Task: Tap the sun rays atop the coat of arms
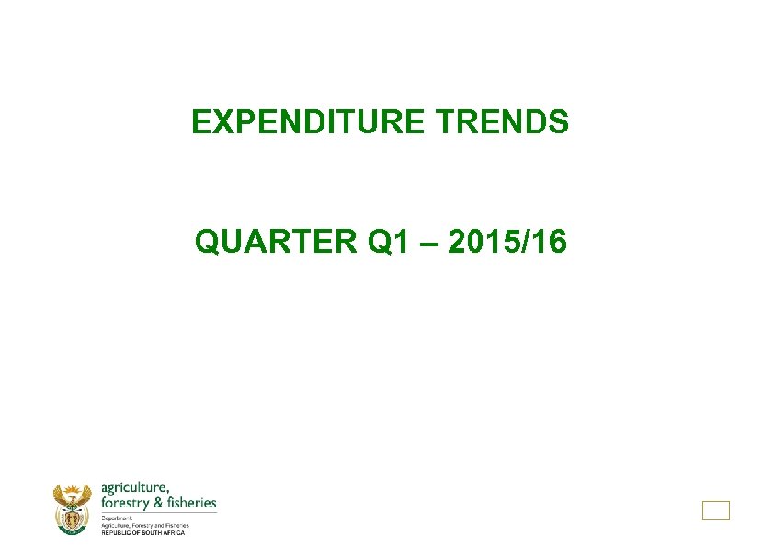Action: tap(73, 490)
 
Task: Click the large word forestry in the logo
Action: tap(125, 503)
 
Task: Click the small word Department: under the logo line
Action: tap(117, 518)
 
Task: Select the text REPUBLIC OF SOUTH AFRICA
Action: tap(142, 533)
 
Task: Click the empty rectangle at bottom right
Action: tap(715, 510)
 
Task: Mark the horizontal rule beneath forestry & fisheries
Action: tap(158, 512)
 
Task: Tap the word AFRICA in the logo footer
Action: tap(173, 533)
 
